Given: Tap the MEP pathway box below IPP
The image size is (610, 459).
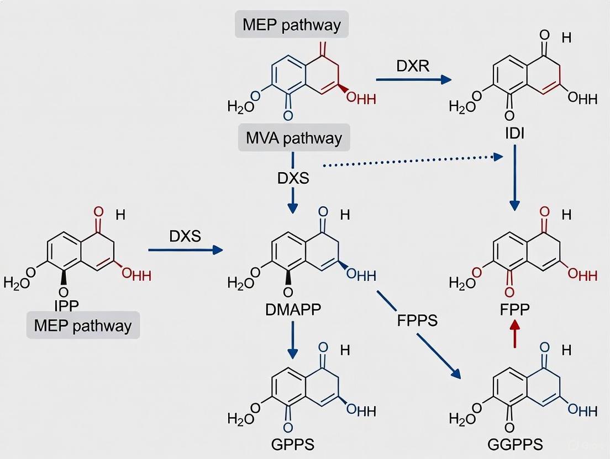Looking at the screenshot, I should (x=83, y=325).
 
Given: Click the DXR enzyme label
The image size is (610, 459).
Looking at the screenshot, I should (x=413, y=66).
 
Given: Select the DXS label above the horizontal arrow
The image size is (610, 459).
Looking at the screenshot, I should (x=185, y=236).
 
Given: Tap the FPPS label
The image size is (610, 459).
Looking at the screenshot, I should (x=417, y=320).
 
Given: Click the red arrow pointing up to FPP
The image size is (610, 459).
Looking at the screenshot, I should (x=514, y=334).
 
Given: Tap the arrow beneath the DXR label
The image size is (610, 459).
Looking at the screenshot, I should (x=413, y=80).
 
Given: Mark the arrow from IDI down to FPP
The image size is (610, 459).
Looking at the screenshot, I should (x=514, y=177).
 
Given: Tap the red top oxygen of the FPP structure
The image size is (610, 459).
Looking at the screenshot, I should (x=545, y=211).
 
